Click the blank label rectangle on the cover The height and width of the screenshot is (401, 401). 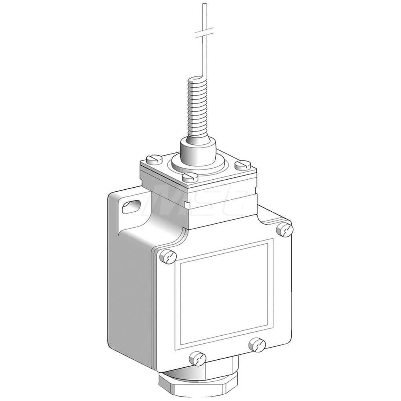point(225,293)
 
